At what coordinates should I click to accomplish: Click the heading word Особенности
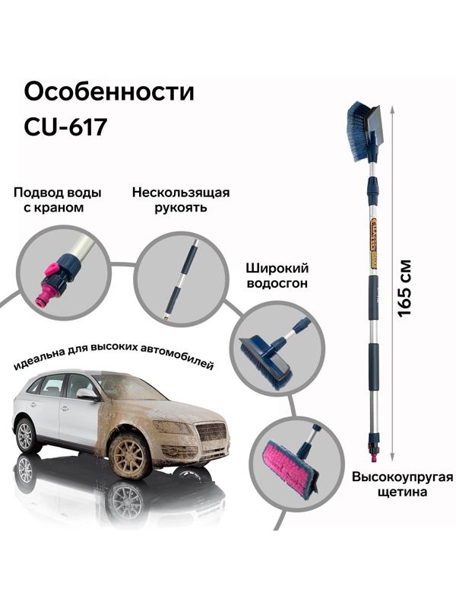tap(109, 93)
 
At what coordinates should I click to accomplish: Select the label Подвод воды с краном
tap(58, 199)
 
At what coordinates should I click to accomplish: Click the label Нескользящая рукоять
tap(180, 199)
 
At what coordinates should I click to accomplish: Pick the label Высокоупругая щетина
tap(402, 484)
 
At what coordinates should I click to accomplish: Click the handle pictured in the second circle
tap(182, 277)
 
